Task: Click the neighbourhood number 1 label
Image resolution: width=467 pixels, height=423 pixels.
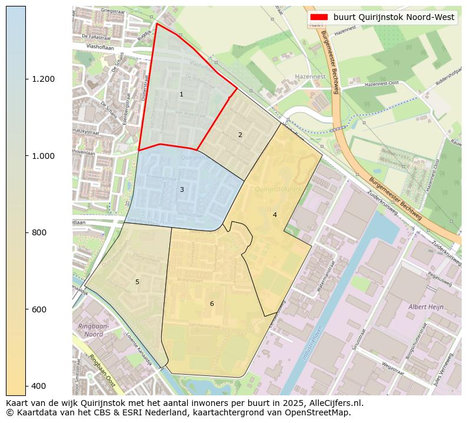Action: (181, 95)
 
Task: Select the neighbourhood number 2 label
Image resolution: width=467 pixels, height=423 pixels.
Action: (240, 135)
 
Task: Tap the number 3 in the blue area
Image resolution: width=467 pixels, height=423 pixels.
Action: (182, 189)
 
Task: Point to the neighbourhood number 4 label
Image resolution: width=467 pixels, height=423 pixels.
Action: (275, 215)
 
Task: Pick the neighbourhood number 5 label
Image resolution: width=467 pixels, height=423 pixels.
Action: (137, 282)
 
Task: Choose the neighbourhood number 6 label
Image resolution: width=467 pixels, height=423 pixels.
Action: (212, 304)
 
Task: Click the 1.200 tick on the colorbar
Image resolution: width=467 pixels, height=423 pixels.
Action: (42, 79)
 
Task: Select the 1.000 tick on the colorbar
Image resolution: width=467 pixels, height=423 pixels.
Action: (42, 156)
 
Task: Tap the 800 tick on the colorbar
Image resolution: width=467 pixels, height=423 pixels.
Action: (39, 232)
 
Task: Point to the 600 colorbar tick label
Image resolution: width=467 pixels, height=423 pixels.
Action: (39, 309)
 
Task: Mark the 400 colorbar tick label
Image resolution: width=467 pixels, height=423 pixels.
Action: (39, 386)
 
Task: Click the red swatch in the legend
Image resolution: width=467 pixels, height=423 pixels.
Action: (319, 18)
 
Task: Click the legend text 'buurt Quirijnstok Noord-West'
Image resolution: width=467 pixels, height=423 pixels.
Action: (393, 18)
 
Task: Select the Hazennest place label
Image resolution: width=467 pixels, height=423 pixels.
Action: (311, 77)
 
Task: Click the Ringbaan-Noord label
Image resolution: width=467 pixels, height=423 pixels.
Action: (90, 330)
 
